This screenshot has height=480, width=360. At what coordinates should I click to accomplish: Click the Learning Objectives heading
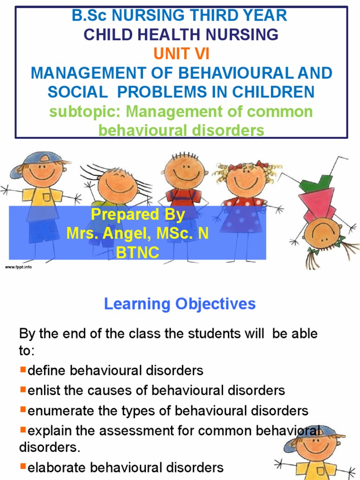[180, 304]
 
